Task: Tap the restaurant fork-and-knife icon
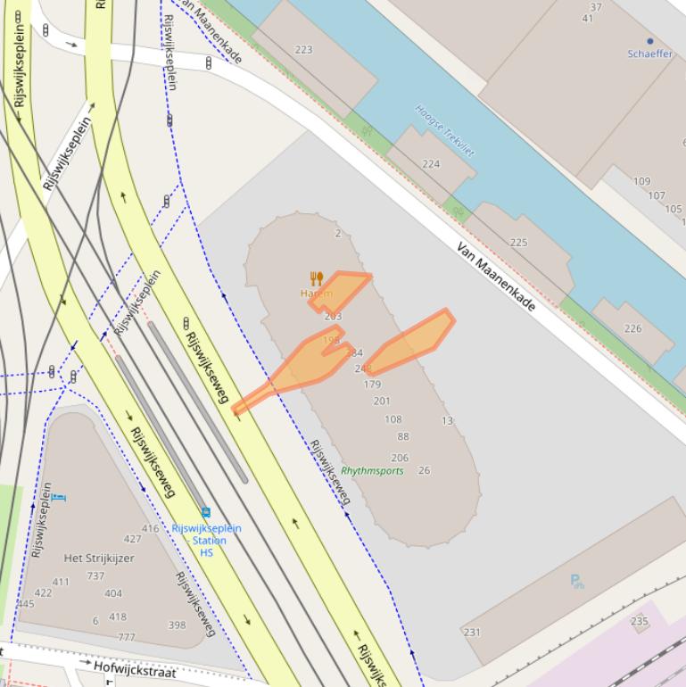point(316,278)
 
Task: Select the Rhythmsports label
point(372,471)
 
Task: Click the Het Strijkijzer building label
point(99,559)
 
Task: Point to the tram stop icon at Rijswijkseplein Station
point(206,512)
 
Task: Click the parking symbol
point(576,581)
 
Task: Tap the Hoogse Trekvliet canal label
point(444,130)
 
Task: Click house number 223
point(303,50)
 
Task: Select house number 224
point(431,164)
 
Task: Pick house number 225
point(518,243)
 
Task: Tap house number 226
point(632,329)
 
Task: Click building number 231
point(472,633)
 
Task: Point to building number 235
point(639,621)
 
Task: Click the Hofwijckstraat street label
point(135,670)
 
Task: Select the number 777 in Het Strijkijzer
point(127,637)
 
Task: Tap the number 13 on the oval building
point(447,421)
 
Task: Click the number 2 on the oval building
point(338,234)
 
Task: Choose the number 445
point(25,604)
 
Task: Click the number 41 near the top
point(587,19)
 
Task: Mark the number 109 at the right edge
point(641,182)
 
